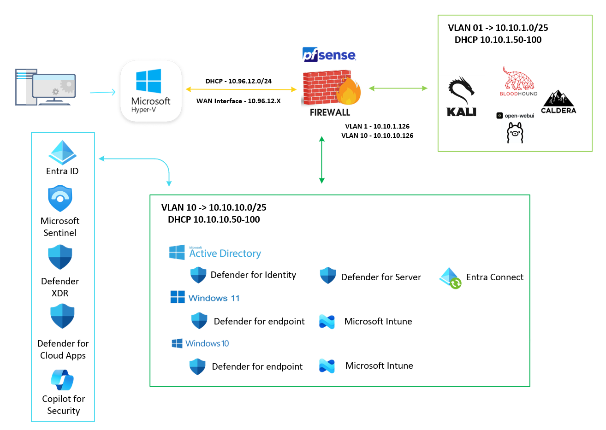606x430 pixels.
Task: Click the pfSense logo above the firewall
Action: tap(329, 55)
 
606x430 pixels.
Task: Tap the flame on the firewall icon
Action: tap(349, 91)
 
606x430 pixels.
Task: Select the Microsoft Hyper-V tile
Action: tap(151, 91)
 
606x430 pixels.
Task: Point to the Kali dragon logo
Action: tap(461, 91)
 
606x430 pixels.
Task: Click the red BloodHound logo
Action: tap(518, 79)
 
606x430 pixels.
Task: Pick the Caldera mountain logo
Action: tap(558, 99)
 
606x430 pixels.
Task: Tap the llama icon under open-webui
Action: tap(515, 133)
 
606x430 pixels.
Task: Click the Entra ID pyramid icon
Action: tap(62, 152)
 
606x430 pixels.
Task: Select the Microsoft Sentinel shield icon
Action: tap(60, 198)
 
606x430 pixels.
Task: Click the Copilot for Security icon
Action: tap(62, 380)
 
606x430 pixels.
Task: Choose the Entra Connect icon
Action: tap(450, 278)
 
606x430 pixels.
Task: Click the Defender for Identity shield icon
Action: tap(198, 275)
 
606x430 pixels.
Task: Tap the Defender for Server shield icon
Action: tap(328, 276)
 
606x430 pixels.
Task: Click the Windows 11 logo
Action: tap(178, 297)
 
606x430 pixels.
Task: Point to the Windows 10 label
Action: tap(207, 343)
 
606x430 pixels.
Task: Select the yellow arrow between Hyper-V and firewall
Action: tap(241, 89)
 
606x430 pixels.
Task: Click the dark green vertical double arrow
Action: tap(322, 160)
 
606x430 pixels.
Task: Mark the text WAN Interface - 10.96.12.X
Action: tap(238, 101)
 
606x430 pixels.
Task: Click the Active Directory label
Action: tap(225, 253)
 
